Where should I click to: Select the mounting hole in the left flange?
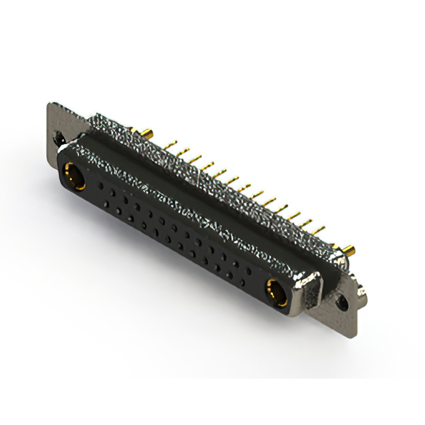tap(59, 139)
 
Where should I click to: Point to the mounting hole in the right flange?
tap(342, 301)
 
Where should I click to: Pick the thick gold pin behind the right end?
tap(349, 250)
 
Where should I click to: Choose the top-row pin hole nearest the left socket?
tap(100, 187)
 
